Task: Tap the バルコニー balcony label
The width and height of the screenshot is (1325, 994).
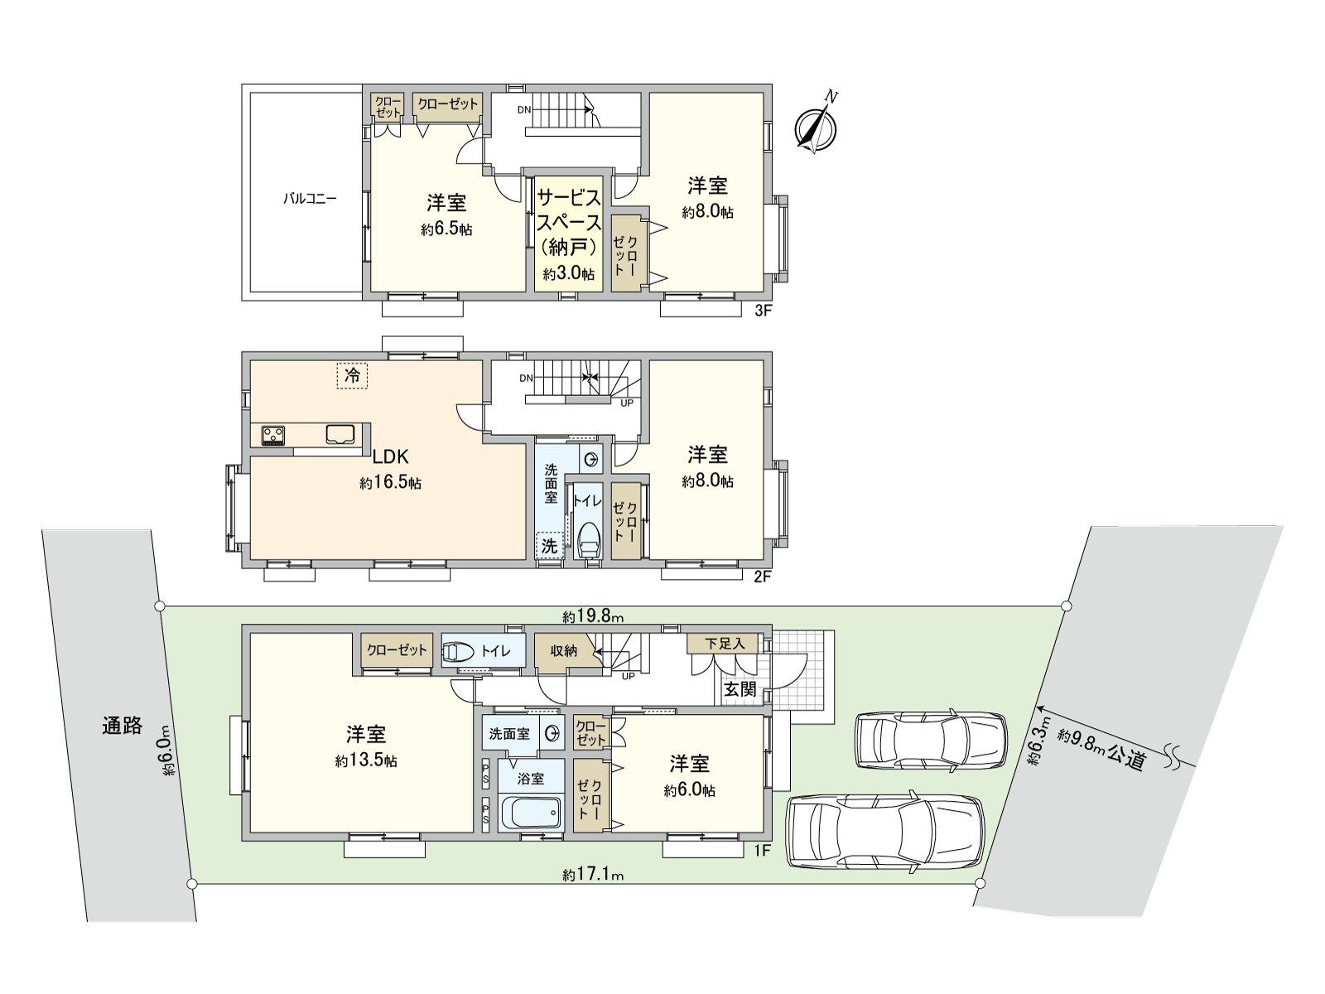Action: point(311,198)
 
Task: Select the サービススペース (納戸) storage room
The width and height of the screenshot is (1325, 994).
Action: point(569,234)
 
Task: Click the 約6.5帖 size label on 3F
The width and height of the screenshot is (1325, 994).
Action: point(446,229)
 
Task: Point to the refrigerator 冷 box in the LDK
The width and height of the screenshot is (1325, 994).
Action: point(352,375)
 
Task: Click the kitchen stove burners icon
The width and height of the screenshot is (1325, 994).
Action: point(273,435)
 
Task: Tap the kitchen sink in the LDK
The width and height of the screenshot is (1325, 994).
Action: point(340,435)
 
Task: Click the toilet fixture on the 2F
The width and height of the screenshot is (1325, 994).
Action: point(589,539)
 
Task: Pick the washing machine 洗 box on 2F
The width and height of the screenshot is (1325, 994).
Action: point(549,546)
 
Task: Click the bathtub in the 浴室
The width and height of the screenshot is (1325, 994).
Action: point(531,813)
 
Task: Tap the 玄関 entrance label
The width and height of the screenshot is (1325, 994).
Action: point(740,688)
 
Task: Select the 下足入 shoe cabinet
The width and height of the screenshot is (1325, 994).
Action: point(725,644)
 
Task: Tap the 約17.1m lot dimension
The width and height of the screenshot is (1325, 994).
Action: point(593,875)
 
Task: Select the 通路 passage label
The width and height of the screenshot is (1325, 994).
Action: point(122,725)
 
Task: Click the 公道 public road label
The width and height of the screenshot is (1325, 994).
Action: point(1126,757)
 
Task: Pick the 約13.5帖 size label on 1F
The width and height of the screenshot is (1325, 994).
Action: point(366,760)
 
